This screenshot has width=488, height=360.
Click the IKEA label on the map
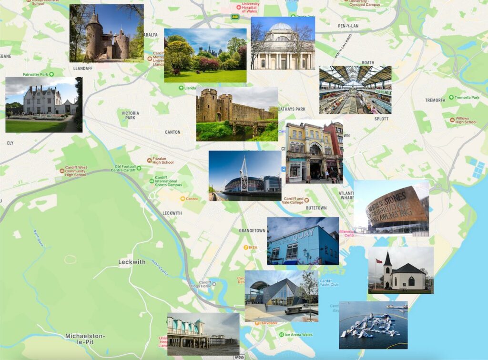pyautogui.click(x=253, y=247)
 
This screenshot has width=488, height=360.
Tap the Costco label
pyautogui.click(x=192, y=199)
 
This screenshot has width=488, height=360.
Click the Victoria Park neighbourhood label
pyautogui.click(x=130, y=115)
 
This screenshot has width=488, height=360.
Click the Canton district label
pyautogui.click(x=173, y=132)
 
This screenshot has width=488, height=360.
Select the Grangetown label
pyautogui.click(x=252, y=230)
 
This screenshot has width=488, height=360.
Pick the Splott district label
pyautogui.click(x=381, y=119)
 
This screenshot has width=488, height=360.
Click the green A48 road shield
pyautogui.click(x=234, y=17)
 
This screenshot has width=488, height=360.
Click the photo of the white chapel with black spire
pyautogui.click(x=401, y=270)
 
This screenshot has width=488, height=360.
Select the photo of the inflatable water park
pyautogui.click(x=373, y=325)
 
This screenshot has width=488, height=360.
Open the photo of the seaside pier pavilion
pyautogui.click(x=203, y=334)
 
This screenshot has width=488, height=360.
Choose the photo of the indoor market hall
pyautogui.click(x=355, y=90)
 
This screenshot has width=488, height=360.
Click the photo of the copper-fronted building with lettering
pyautogui.click(x=391, y=208)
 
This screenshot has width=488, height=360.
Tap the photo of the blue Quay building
pyautogui.click(x=303, y=241)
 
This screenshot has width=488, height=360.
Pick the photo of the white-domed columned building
pyautogui.click(x=283, y=43)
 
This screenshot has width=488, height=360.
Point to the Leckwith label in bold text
pyautogui.click(x=132, y=262)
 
